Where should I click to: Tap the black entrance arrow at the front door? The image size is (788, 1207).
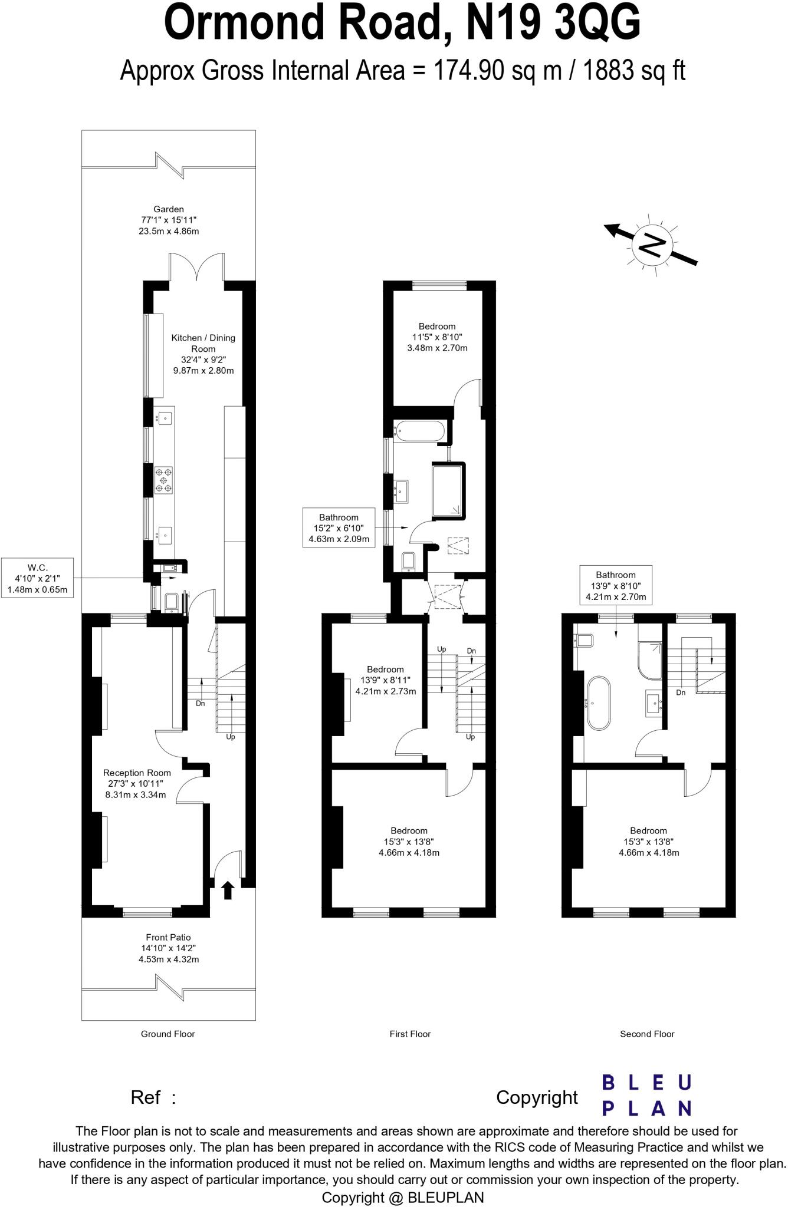click(x=228, y=889)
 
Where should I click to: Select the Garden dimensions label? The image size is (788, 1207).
click(x=168, y=220)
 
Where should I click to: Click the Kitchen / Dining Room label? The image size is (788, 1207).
click(x=203, y=354)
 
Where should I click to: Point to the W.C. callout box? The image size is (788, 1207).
click(x=38, y=577)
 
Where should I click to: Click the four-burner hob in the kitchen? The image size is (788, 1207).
click(x=164, y=480)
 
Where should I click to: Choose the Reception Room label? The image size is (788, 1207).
click(x=137, y=783)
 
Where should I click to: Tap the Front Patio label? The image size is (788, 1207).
click(x=168, y=948)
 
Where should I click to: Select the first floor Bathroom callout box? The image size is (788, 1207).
click(x=339, y=527)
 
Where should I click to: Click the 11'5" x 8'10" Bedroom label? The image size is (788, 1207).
click(x=437, y=337)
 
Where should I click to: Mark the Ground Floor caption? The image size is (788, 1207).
click(x=168, y=1034)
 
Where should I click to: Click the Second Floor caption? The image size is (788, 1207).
click(x=647, y=1034)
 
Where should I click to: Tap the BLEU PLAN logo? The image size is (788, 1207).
click(x=646, y=1096)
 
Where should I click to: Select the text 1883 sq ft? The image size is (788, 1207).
click(x=634, y=71)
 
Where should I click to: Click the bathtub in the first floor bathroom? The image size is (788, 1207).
click(x=419, y=431)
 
